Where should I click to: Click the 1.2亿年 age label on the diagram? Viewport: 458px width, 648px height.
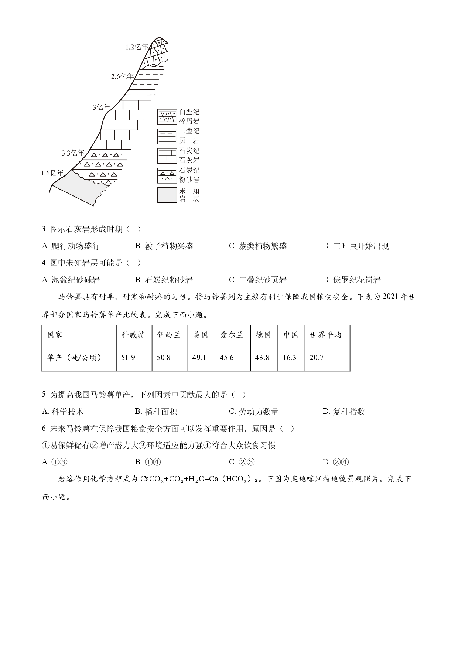[136, 47]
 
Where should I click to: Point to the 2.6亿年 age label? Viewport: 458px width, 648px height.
[122, 76]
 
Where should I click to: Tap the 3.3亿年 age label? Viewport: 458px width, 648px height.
[73, 153]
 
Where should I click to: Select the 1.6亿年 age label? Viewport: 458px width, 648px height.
[52, 173]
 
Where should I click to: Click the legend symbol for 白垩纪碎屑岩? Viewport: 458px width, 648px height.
[167, 117]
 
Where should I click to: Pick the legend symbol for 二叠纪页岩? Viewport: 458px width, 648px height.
[167, 136]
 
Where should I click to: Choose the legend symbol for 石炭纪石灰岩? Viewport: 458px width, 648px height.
[167, 156]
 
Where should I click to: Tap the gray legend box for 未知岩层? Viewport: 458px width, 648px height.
[167, 195]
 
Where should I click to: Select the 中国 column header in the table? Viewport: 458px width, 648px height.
[291, 335]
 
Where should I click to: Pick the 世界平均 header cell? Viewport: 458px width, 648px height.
[327, 335]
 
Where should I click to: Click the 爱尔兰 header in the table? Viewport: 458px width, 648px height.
[233, 335]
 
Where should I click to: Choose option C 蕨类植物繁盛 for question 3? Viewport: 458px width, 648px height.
[258, 246]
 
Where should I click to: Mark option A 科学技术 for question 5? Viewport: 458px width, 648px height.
[63, 412]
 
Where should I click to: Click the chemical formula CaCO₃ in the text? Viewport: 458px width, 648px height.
[152, 480]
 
